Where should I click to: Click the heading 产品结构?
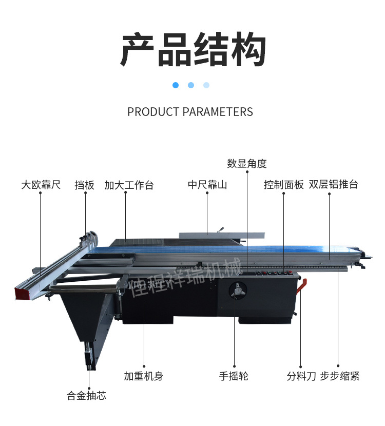pyautogui.click(x=193, y=50)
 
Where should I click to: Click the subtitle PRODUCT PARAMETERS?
pyautogui.click(x=190, y=112)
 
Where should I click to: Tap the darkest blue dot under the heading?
pyautogui.click(x=176, y=85)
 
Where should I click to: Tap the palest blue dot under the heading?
pyautogui.click(x=206, y=85)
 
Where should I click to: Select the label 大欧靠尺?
pyautogui.click(x=41, y=185)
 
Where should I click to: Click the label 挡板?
pyautogui.click(x=85, y=185)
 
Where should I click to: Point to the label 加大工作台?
pyautogui.click(x=129, y=185)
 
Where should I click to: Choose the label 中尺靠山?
pyautogui.click(x=207, y=185)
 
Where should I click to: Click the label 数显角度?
pyautogui.click(x=247, y=164)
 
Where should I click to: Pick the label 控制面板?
pyautogui.click(x=284, y=185)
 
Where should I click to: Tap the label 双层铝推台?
pyautogui.click(x=334, y=185)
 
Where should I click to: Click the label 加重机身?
pyautogui.click(x=143, y=376)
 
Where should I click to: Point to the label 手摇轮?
pyautogui.click(x=234, y=376)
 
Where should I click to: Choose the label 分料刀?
pyautogui.click(x=301, y=376)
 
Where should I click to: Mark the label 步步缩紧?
pyautogui.click(x=340, y=376)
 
